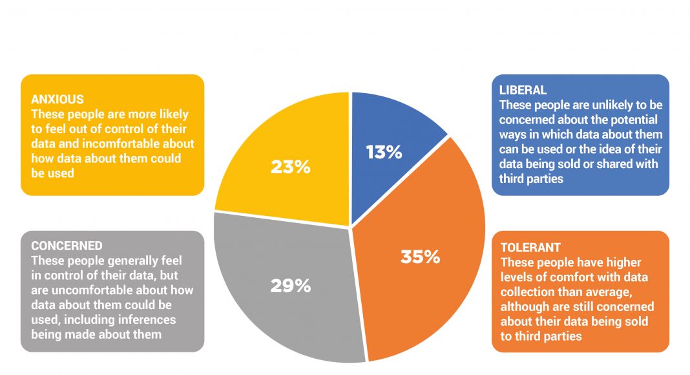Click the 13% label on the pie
click(384, 152)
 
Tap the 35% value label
click(420, 257)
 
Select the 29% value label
click(291, 285)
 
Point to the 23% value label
click(291, 167)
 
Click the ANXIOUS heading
click(57, 100)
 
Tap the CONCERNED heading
click(67, 246)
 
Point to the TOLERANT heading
click(530, 248)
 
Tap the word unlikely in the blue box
click(609, 105)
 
